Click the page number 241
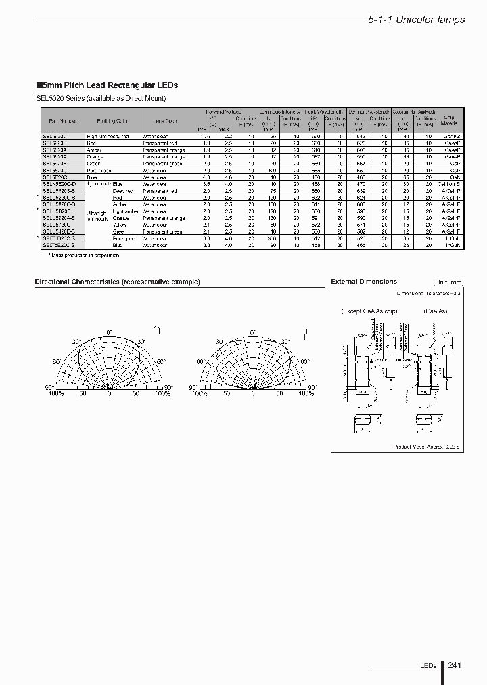click(455, 666)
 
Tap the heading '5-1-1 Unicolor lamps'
click(416, 20)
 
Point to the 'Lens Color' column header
click(164, 121)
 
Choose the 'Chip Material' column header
click(448, 120)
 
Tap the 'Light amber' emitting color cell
click(126, 212)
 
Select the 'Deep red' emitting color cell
click(122, 192)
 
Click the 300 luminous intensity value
click(272, 239)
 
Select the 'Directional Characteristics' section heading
click(117, 282)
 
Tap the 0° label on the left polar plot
click(109, 332)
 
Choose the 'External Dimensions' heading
click(363, 282)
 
